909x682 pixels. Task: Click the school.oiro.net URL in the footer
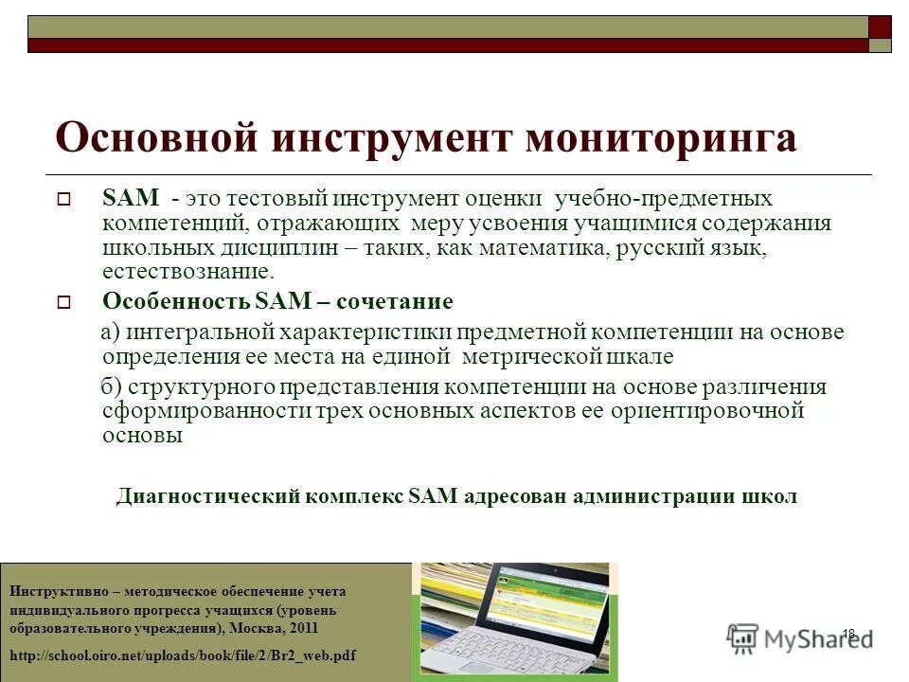pos(183,655)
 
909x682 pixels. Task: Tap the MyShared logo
pos(800,638)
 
